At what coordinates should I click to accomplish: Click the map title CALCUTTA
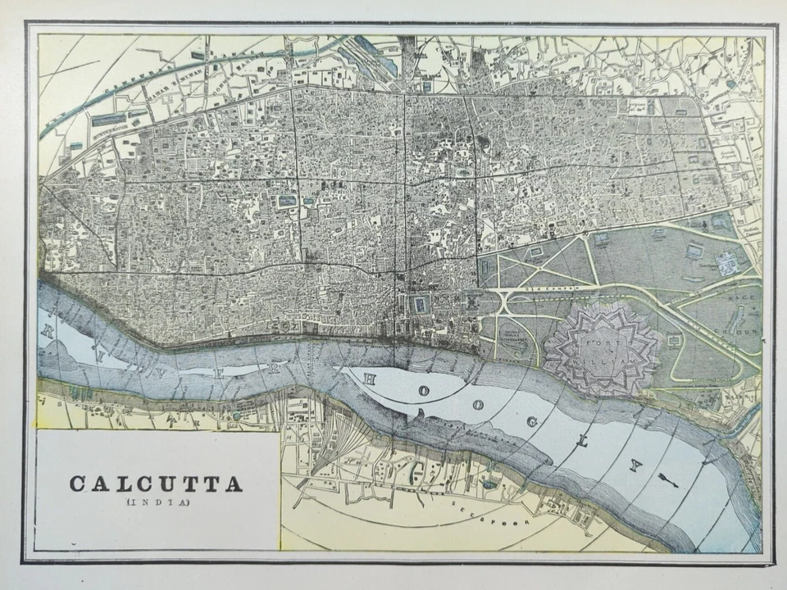tap(156, 483)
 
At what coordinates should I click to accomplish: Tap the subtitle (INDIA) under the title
tap(156, 502)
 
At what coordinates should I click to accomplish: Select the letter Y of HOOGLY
tap(634, 465)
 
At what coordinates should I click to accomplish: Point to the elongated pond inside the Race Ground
tap(734, 315)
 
